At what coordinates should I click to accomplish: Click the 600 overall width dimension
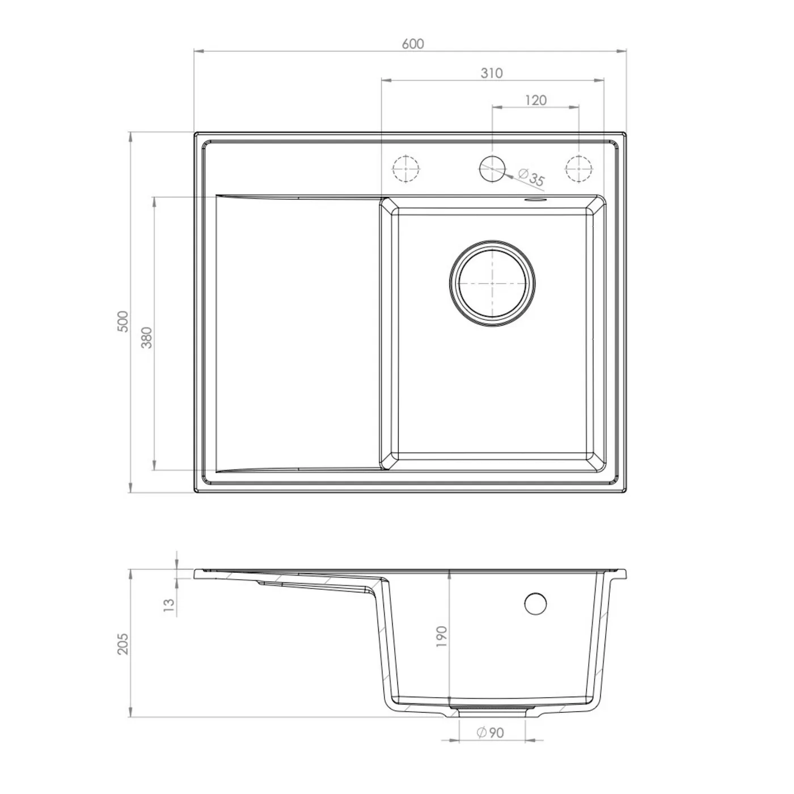[x=412, y=44]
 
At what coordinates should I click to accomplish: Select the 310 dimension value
[x=492, y=73]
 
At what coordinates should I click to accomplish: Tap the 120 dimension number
[x=535, y=100]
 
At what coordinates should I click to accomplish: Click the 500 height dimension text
[x=123, y=322]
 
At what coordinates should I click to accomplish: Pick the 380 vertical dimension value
[x=147, y=337]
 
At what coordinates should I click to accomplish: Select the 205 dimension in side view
[x=123, y=644]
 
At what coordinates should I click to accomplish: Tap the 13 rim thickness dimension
[x=170, y=605]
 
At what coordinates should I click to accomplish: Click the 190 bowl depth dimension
[x=441, y=636]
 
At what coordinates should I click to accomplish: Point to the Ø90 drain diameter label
[x=490, y=733]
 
